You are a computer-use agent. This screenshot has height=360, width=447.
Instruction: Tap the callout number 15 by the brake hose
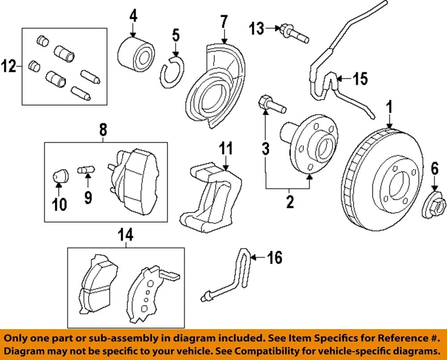pos(359,79)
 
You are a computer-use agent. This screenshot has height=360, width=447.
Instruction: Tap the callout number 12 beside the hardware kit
pos(9,66)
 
